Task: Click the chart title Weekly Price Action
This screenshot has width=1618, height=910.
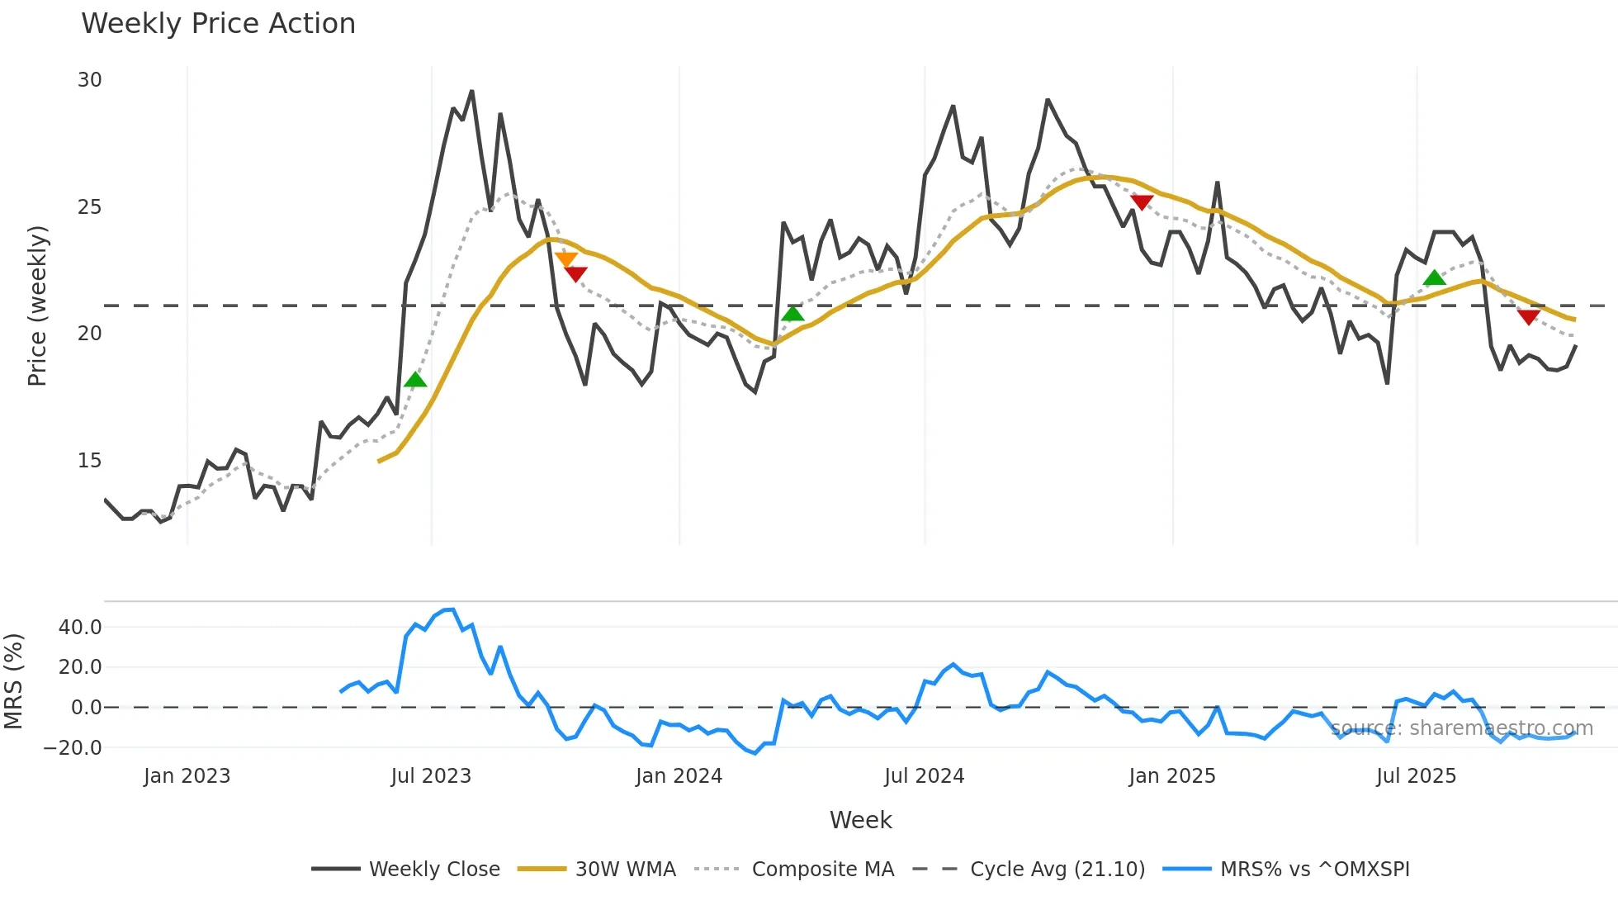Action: tap(218, 23)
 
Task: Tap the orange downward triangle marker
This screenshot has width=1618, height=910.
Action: tap(566, 260)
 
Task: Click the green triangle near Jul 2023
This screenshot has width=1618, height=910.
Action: tap(415, 380)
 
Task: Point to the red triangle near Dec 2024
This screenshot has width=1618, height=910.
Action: tap(1141, 202)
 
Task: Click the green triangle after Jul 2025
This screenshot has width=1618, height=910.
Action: tap(1435, 278)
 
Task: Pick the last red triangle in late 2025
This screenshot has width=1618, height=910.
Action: tap(1528, 317)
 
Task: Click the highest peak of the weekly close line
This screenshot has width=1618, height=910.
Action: tap(471, 92)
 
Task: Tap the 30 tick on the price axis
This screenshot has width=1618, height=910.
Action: tap(89, 80)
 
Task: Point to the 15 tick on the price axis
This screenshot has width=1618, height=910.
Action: tap(89, 461)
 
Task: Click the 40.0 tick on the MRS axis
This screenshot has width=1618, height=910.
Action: tap(80, 627)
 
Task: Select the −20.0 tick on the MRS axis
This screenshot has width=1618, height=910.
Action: tap(73, 748)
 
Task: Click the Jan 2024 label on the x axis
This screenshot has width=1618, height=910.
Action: tap(679, 776)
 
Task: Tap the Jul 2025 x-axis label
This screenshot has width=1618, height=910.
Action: tap(1416, 776)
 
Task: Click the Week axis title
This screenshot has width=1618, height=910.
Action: tap(860, 820)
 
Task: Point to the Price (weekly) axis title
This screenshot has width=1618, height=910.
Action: tap(37, 306)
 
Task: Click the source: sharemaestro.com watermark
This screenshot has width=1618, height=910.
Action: tap(1461, 728)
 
